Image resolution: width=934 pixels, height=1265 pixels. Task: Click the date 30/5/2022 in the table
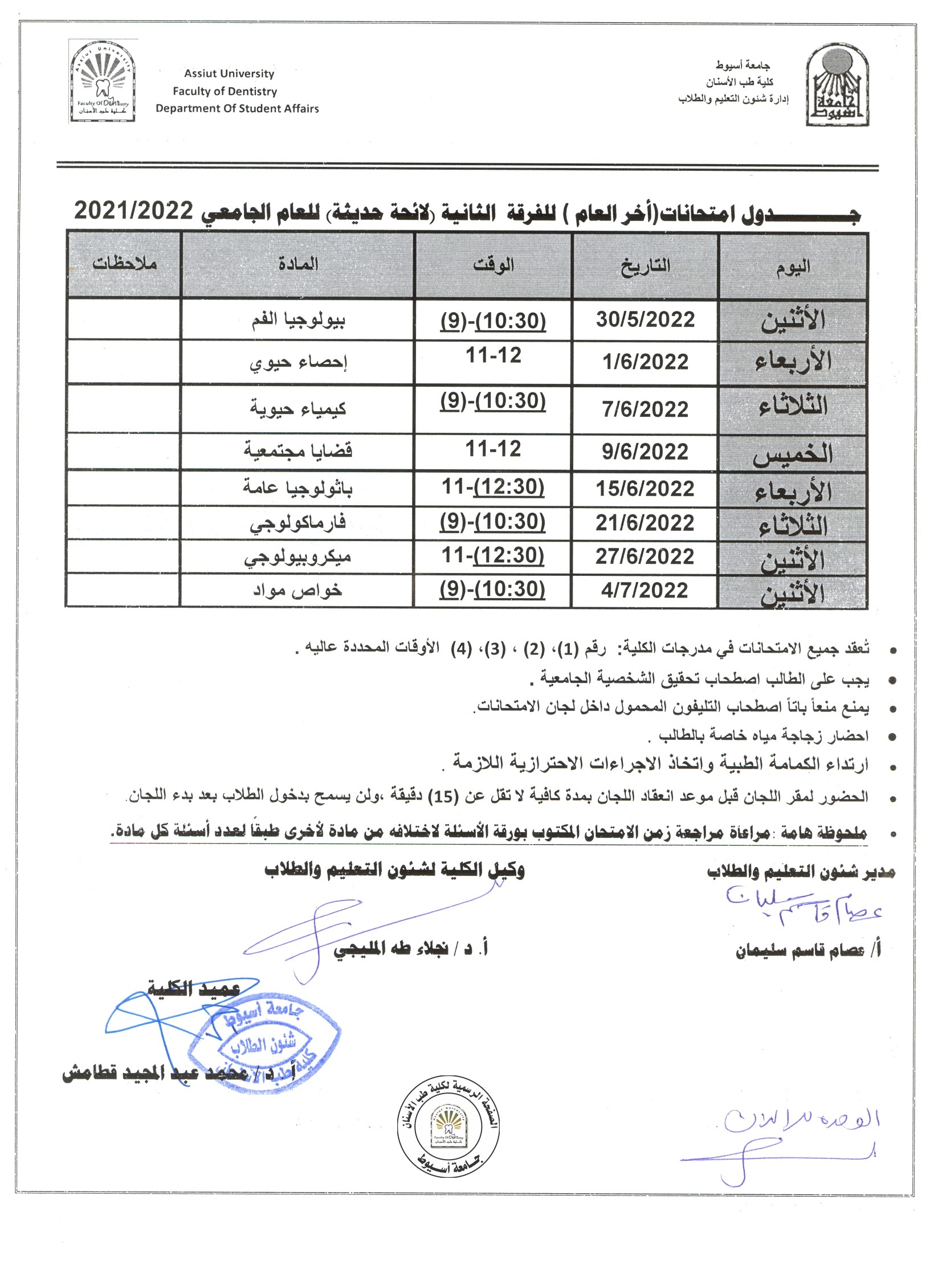point(645,320)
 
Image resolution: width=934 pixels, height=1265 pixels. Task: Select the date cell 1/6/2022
point(645,362)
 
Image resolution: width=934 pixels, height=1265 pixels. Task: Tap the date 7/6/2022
point(645,409)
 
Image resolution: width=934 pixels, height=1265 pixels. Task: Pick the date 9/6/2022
point(645,452)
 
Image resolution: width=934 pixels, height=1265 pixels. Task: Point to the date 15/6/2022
point(645,489)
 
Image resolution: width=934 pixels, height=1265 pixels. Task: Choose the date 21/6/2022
point(645,523)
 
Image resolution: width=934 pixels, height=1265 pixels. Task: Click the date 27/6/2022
point(645,556)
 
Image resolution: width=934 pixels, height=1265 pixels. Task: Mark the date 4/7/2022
point(645,590)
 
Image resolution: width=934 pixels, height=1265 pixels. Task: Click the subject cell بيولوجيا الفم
point(299,320)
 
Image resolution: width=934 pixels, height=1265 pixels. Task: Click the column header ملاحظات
point(124,264)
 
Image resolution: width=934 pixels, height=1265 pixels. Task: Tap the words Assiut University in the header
point(229,73)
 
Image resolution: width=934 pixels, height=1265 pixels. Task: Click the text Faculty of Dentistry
point(225,91)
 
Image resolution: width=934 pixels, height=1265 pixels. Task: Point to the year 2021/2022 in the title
point(134,211)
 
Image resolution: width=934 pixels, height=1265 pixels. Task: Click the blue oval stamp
point(264,1046)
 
